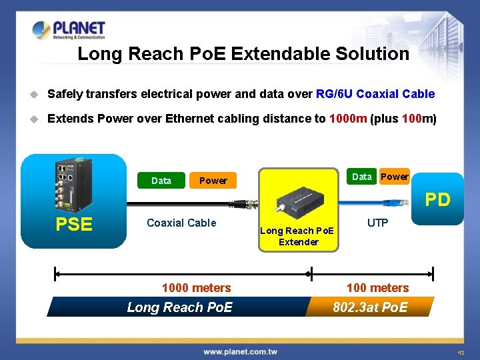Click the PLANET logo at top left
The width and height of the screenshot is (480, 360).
69,30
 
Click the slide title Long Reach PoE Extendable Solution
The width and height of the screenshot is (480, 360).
243,54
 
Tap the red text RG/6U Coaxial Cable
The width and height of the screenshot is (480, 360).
375,94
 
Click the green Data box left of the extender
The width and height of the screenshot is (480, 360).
161,181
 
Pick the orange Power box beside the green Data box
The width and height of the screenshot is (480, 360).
213,181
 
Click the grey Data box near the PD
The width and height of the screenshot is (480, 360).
362,177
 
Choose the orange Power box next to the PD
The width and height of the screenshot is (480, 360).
395,177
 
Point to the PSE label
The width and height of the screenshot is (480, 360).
74,225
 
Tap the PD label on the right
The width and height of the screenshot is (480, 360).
438,199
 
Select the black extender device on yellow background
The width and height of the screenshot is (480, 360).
301,199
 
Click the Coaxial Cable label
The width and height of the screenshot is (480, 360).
181,223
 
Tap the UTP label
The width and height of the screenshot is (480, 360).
377,223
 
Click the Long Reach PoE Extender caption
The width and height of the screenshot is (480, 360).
298,236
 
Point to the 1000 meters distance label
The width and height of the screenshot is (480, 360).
196,288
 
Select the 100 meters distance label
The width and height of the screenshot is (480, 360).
377,288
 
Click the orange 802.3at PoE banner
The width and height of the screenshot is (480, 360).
370,307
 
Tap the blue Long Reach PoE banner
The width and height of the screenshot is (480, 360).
179,307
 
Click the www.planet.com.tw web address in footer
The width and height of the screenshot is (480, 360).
240,351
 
